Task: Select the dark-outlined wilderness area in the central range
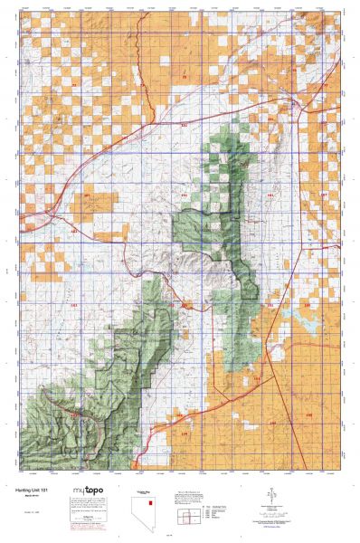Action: coord(208,235)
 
